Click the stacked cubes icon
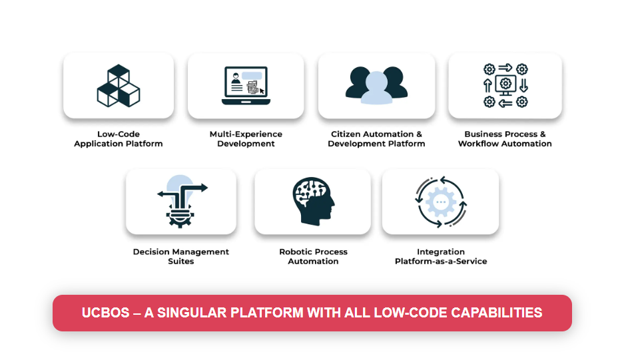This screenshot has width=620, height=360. (118, 85)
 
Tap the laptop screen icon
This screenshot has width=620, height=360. (245, 86)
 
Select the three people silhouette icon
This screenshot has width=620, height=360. (376, 85)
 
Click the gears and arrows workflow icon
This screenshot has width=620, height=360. (505, 85)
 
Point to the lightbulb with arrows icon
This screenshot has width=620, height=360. (181, 200)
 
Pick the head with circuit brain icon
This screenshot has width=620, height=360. (313, 200)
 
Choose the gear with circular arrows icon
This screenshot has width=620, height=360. (440, 202)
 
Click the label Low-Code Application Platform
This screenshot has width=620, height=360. (119, 139)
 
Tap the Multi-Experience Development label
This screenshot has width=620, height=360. (246, 139)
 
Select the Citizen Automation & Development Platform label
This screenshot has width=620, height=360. (376, 139)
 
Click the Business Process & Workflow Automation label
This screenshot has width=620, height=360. (505, 139)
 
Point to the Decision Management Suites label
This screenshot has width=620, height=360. (181, 257)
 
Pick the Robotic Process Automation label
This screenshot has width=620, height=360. (313, 257)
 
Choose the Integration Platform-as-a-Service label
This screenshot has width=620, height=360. (441, 257)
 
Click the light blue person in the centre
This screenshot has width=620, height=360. (376, 89)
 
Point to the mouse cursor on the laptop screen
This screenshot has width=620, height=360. (262, 90)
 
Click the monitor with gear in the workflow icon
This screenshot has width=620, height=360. (505, 85)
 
